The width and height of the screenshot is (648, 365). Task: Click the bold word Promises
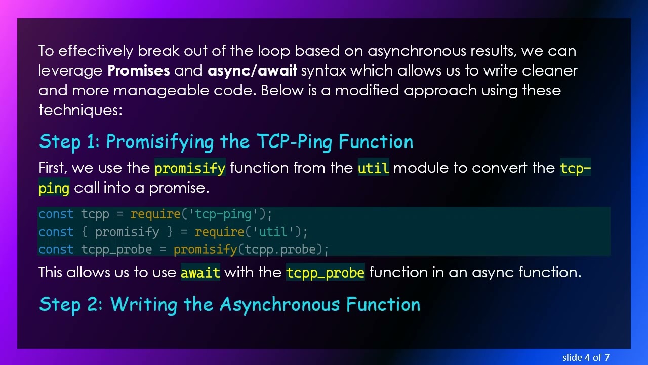(x=139, y=70)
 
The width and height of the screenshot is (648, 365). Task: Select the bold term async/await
(x=252, y=70)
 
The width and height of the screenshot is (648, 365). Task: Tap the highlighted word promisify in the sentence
(x=190, y=168)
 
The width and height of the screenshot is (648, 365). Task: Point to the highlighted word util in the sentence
(x=373, y=168)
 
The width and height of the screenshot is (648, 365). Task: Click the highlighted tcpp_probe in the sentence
(x=325, y=273)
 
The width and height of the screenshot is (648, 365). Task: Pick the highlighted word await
(x=200, y=273)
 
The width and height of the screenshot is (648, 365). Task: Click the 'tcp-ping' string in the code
(x=223, y=214)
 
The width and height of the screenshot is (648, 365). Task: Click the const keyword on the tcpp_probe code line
(x=56, y=250)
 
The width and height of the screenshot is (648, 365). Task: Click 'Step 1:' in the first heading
(x=69, y=142)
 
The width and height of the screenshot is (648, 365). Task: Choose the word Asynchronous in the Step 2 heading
(x=280, y=305)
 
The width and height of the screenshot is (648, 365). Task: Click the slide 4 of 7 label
(x=586, y=357)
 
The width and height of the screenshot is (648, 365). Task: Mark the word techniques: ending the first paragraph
(x=80, y=109)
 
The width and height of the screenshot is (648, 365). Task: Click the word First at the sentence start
(x=53, y=168)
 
